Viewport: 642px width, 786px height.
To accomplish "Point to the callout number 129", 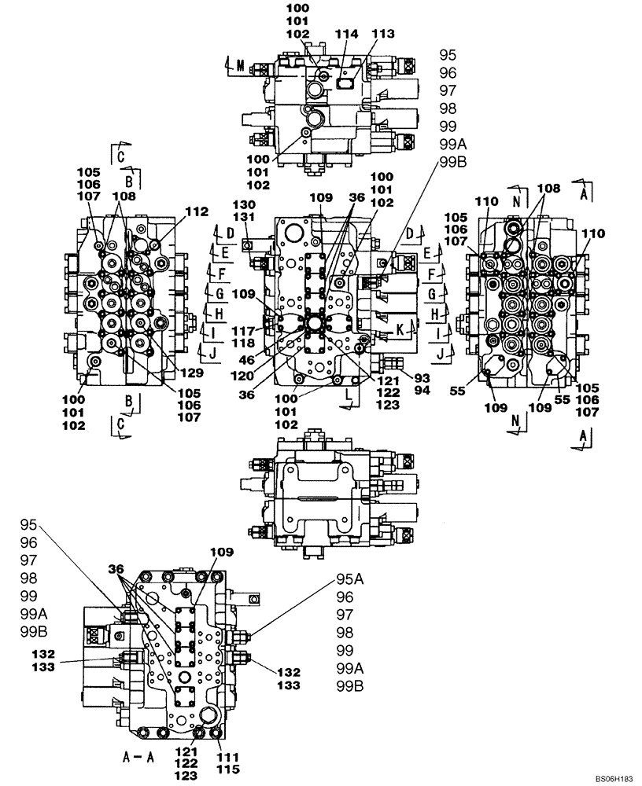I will (x=190, y=372).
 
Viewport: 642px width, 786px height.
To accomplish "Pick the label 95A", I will (x=349, y=580).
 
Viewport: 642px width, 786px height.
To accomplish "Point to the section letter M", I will (x=240, y=66).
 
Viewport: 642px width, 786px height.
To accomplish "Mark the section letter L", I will (x=346, y=389).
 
